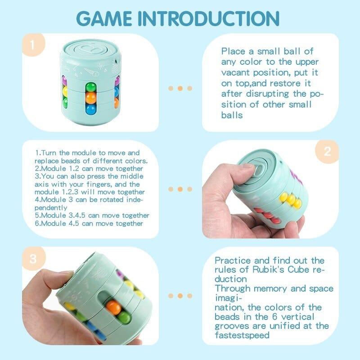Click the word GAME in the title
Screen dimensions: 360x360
pos(104,18)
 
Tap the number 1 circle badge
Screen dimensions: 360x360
pos(33,45)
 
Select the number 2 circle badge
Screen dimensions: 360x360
pos(327,152)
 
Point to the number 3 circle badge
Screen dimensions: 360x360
pos(33,259)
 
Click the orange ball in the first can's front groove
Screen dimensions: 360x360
pos(91,98)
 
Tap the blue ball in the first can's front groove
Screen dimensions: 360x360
pos(91,108)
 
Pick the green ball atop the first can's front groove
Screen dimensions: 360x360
pos(91,87)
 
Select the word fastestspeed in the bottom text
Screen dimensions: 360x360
pos(242,335)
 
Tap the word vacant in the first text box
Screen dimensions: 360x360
pos(235,72)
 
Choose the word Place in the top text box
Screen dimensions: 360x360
pos(233,51)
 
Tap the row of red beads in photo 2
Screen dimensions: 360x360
pos(267,216)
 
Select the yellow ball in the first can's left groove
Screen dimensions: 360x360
pos(64,91)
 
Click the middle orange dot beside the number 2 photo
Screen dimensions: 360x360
pos(180,189)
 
